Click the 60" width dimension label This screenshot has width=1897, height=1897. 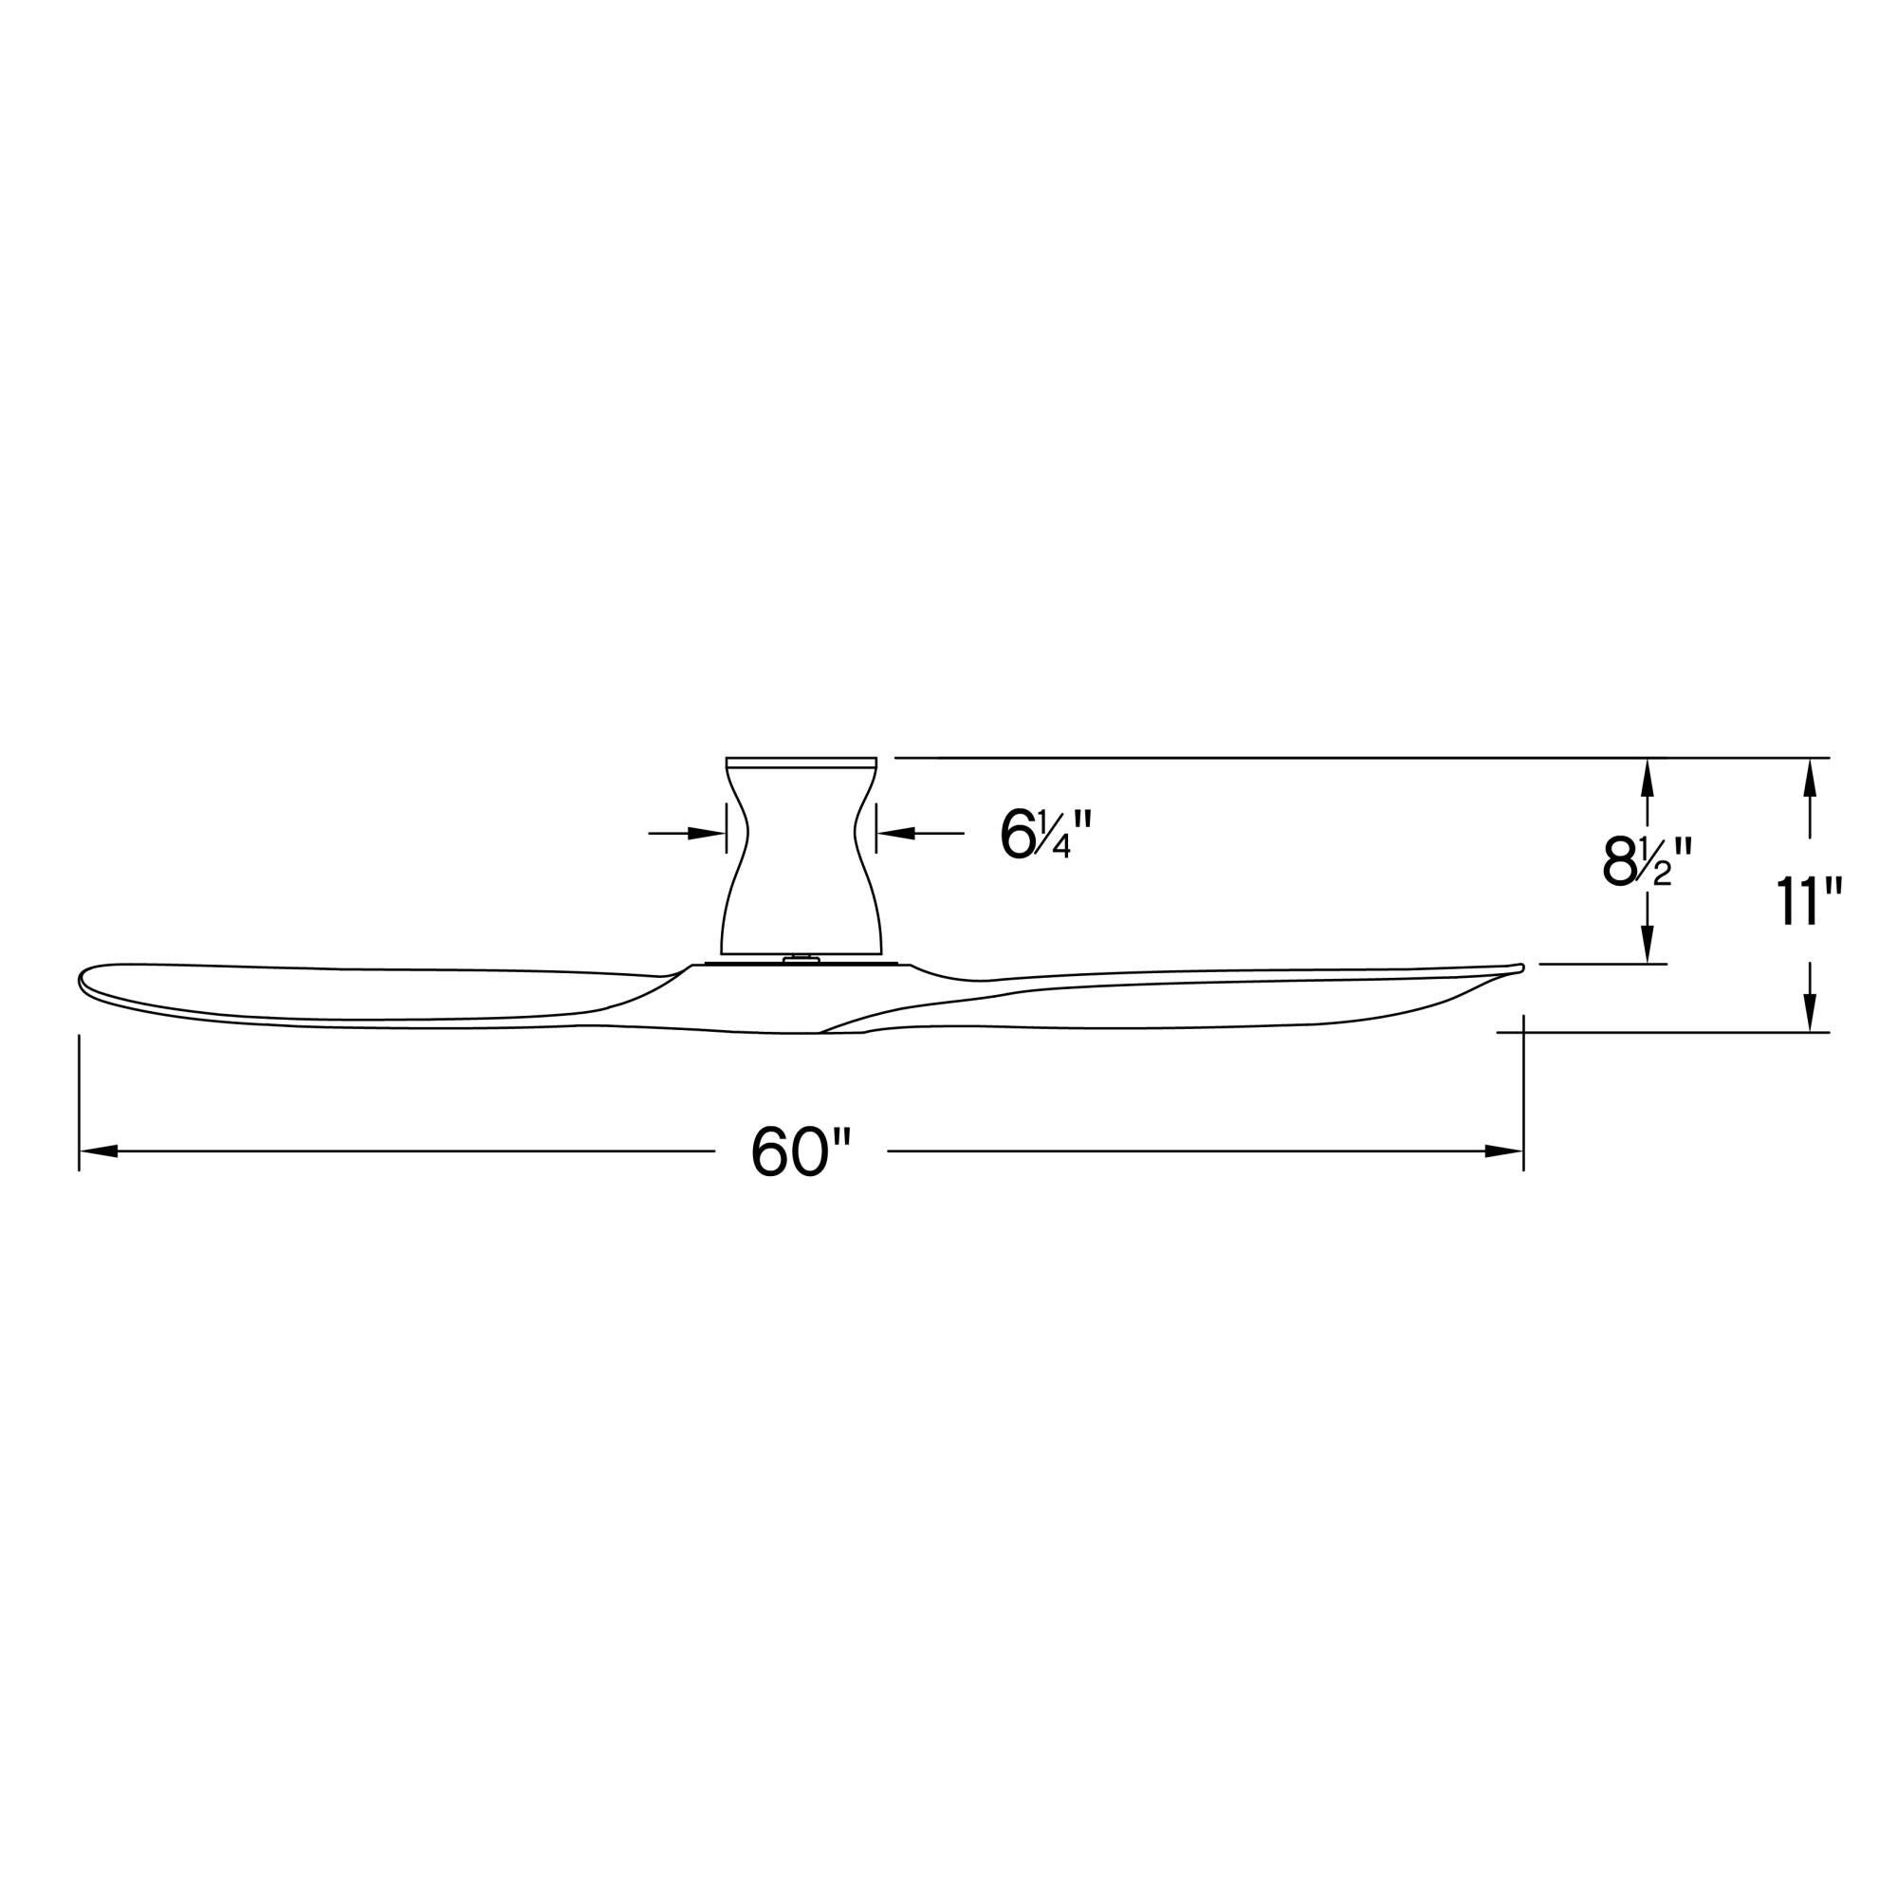click(x=801, y=1151)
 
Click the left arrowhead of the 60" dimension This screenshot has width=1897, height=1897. click(x=99, y=1151)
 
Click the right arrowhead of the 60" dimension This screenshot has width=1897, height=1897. click(x=1503, y=1151)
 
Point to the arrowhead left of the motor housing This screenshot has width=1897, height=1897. click(x=706, y=834)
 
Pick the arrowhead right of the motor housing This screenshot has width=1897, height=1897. click(x=895, y=834)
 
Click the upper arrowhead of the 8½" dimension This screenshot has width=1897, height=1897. click(x=1648, y=778)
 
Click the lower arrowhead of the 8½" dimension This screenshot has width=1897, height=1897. click(x=1648, y=944)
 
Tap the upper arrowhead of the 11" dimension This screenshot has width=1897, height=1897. click(x=1811, y=778)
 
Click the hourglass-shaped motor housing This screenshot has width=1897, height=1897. click(x=801, y=864)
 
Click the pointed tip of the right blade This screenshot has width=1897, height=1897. click(x=1519, y=968)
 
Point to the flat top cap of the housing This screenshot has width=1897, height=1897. click(x=801, y=762)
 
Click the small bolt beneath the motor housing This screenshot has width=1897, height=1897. click(x=801, y=958)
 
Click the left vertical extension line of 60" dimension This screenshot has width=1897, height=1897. click(x=79, y=1099)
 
